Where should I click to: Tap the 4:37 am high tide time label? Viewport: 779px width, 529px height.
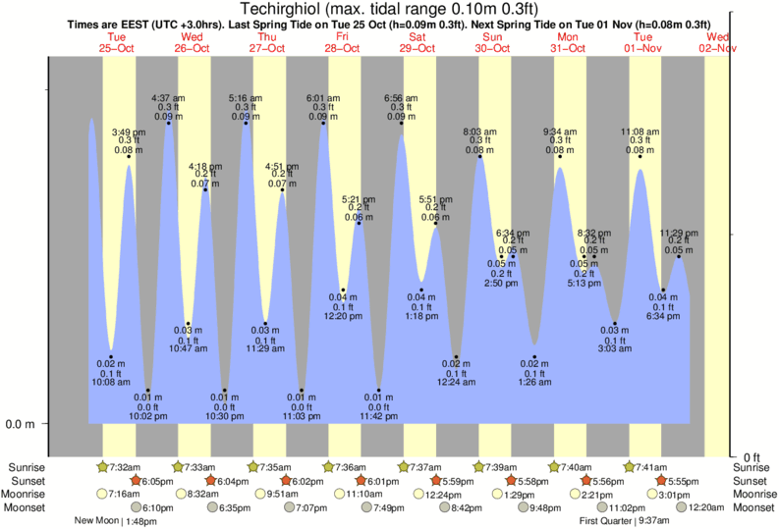(168, 98)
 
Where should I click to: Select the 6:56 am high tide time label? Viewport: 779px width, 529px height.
(401, 98)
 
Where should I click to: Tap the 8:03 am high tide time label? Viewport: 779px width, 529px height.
(479, 131)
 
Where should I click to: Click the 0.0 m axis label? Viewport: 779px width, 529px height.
(22, 424)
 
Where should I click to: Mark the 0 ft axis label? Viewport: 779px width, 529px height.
(751, 457)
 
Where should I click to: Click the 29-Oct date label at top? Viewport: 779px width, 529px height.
(418, 48)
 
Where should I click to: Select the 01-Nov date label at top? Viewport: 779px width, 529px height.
(643, 48)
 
